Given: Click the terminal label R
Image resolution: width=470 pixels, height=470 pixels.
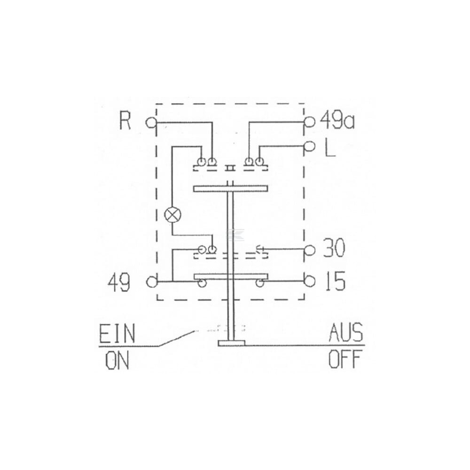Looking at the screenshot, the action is click(x=125, y=120).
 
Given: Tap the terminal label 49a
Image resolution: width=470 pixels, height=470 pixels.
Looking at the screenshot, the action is click(x=337, y=120).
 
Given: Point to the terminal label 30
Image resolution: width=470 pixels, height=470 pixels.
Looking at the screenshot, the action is click(x=334, y=248).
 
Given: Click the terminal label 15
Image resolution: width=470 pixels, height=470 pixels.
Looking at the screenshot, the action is click(x=335, y=281).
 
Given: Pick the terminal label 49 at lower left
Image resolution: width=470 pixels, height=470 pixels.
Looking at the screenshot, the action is click(x=119, y=282).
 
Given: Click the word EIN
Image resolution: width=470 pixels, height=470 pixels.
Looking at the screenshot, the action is click(x=117, y=333).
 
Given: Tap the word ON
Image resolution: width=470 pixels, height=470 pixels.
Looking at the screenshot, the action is click(x=117, y=360).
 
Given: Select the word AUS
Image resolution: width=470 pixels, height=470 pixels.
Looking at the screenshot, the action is click(x=346, y=333).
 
